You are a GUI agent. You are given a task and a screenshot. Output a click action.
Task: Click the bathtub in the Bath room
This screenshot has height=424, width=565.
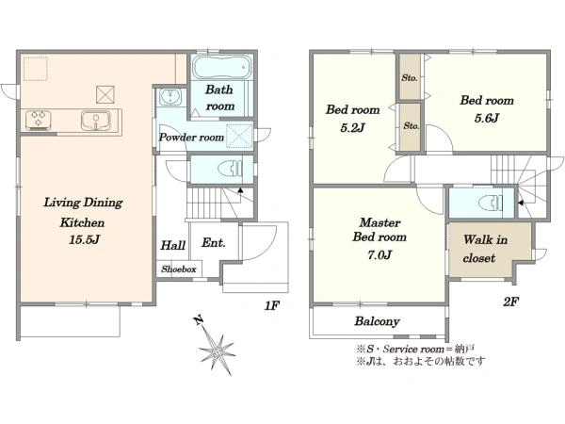(x=221, y=67)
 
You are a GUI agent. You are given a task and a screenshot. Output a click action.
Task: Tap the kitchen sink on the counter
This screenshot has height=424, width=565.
(x=95, y=120)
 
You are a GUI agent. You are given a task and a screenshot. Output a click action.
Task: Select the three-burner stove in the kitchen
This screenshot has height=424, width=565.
(x=38, y=120)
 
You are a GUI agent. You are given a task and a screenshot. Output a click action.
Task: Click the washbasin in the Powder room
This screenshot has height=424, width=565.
(x=169, y=97)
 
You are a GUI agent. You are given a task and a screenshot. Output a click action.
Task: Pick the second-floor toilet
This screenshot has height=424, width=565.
(x=490, y=203)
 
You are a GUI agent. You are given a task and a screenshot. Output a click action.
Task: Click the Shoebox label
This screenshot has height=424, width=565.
(x=179, y=269)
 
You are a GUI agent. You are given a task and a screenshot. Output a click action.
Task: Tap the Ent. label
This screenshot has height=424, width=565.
(x=214, y=243)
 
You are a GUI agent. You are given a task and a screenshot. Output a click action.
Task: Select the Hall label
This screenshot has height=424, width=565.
(x=173, y=246)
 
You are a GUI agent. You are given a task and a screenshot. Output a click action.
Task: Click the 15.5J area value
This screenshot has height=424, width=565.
(x=84, y=240)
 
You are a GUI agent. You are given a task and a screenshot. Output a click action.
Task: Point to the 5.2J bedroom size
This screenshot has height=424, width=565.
(x=352, y=127)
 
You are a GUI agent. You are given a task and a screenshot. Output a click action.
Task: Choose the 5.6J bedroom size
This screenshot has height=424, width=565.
(x=487, y=119)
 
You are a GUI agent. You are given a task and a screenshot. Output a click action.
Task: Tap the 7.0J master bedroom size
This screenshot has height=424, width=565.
(x=379, y=255)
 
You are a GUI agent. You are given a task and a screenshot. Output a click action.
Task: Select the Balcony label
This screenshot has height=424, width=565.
(x=377, y=321)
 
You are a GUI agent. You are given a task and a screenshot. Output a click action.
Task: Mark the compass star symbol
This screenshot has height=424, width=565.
(x=218, y=351)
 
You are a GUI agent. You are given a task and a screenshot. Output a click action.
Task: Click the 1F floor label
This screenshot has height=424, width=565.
(x=272, y=305)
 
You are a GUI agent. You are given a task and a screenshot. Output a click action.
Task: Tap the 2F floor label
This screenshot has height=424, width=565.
(x=510, y=302)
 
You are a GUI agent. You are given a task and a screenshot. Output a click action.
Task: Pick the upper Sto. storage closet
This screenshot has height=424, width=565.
(x=410, y=77)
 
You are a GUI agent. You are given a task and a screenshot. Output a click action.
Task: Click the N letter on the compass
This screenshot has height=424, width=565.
(x=198, y=320)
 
